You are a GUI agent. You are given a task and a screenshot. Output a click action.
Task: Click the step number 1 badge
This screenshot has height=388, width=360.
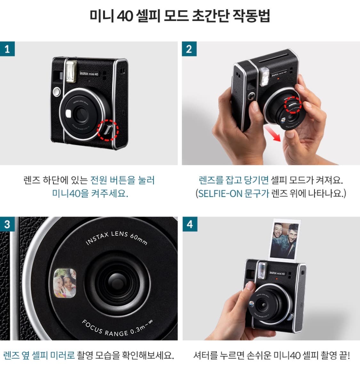(x=7, y=49)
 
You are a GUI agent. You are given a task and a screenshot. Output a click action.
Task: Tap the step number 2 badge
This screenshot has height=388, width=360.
(x=189, y=49)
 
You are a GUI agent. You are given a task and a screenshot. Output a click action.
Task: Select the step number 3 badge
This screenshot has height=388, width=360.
(x=7, y=224)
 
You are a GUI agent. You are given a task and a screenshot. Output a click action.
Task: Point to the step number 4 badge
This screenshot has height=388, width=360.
(x=189, y=224)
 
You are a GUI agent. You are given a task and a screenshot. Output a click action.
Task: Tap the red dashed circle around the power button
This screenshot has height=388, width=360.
(x=108, y=130)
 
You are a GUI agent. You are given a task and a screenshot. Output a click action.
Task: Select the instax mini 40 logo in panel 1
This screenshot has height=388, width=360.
(x=89, y=74)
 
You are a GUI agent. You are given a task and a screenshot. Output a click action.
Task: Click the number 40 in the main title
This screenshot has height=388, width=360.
(x=125, y=16)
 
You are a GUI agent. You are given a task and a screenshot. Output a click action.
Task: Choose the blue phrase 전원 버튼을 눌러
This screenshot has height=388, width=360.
(x=123, y=180)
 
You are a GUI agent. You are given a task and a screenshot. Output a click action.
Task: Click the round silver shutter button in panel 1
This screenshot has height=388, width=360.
(x=57, y=92)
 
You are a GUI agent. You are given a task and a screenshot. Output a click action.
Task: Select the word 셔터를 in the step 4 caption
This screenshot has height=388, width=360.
(x=205, y=355)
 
